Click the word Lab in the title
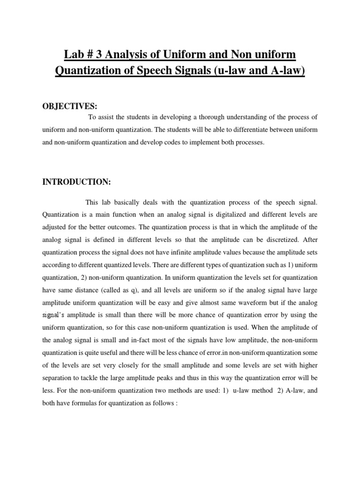pyautogui.click(x=75, y=55)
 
